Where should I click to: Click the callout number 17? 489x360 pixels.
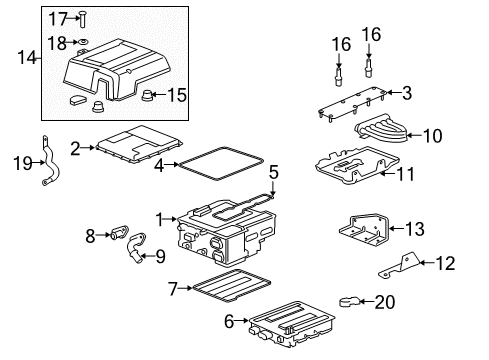tap(56, 18)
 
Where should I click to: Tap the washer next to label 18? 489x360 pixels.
tap(82, 42)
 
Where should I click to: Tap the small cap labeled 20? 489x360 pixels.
tap(349, 301)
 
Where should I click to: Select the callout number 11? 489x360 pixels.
tap(406, 174)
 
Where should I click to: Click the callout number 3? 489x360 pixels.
tap(406, 93)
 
